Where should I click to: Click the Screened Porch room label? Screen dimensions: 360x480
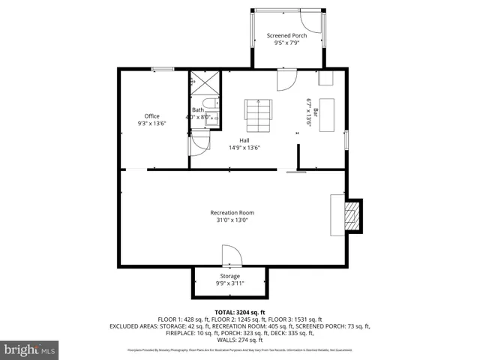286,36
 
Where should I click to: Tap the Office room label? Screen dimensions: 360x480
152,116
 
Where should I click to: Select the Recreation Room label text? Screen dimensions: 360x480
232,212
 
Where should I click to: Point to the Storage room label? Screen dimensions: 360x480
229,276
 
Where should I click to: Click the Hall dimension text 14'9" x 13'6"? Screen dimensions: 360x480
244,148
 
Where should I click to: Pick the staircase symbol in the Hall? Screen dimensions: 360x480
257,116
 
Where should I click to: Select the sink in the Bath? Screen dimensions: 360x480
212,118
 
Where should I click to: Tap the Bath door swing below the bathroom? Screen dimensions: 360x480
199,142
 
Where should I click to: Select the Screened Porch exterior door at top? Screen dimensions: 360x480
310,21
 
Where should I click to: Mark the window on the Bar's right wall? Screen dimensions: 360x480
346,139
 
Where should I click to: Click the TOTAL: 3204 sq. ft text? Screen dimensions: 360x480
240,312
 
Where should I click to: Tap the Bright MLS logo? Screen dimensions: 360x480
30,349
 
